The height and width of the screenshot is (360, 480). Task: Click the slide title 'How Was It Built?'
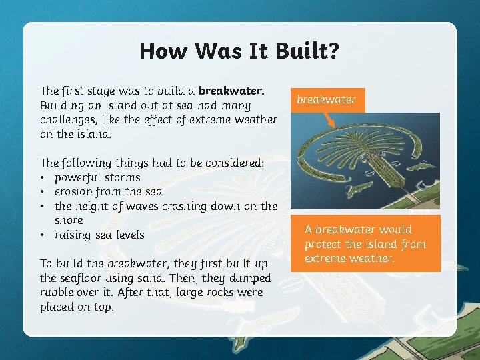239,51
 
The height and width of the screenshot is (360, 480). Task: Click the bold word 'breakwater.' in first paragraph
231,91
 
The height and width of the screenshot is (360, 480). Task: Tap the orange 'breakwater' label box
326,99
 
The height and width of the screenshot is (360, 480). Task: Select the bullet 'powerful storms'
97,177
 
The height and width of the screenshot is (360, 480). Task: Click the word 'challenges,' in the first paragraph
67,119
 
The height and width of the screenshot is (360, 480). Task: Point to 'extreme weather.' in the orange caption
349,258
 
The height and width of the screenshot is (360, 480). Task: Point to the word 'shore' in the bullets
69,220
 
